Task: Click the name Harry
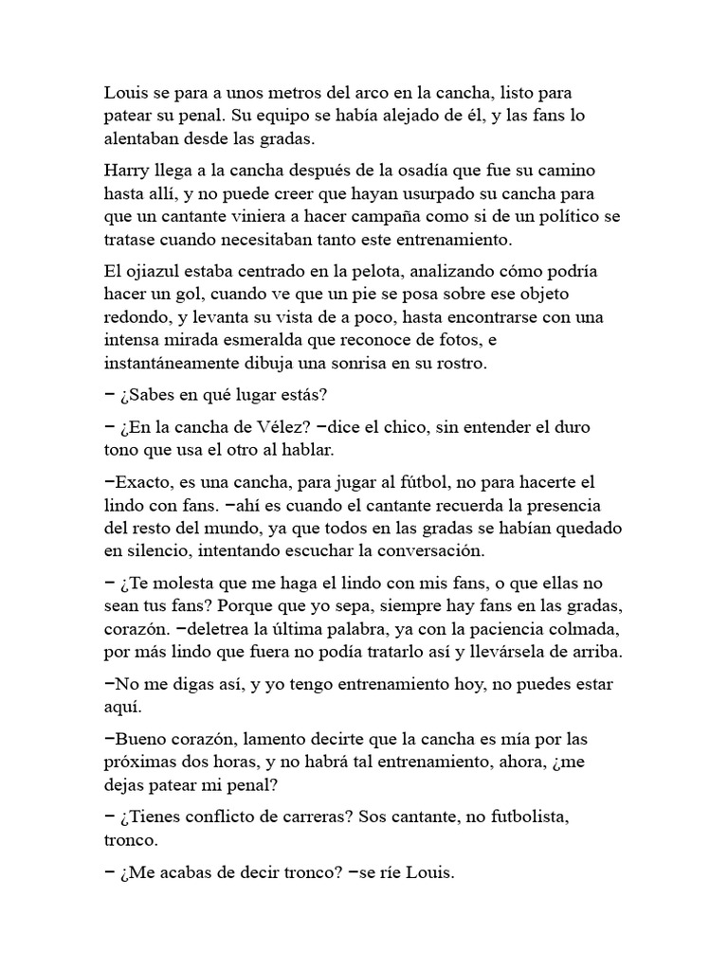(127, 171)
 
